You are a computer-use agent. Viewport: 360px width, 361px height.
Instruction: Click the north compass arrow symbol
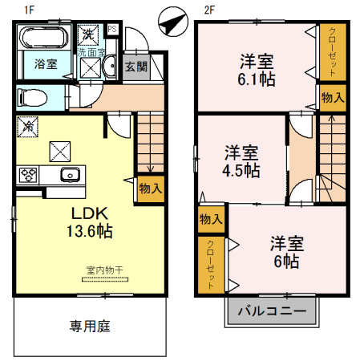point(172,22)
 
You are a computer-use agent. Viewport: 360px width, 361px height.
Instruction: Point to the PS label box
point(111,30)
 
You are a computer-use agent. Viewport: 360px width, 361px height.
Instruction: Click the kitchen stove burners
point(29,175)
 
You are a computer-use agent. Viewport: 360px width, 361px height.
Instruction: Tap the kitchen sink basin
point(67,175)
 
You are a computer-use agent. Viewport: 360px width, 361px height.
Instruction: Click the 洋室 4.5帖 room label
point(241,160)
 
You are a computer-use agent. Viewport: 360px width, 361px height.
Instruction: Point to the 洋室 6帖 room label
point(285,251)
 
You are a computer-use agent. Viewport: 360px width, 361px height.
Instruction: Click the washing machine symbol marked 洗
point(87,35)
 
